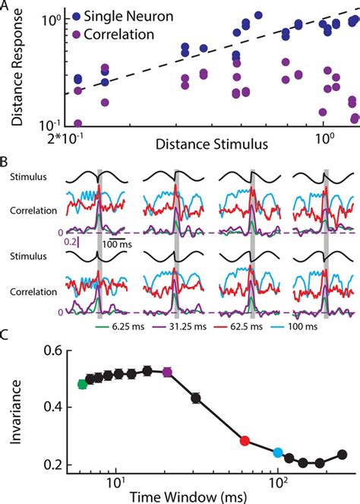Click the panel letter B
point(5,162)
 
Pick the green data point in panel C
point(83,384)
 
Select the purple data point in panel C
point(168,372)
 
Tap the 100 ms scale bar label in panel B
point(115,246)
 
